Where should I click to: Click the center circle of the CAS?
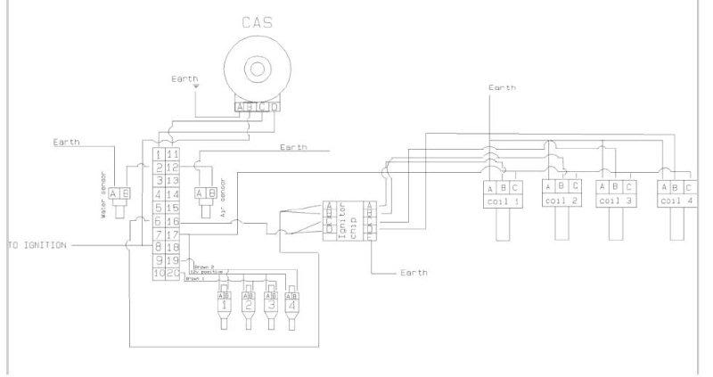[x=258, y=69]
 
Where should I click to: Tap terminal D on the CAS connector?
[x=273, y=108]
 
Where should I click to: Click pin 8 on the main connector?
[x=158, y=247]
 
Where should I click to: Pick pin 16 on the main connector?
[x=173, y=220]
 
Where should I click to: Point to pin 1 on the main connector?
[x=158, y=153]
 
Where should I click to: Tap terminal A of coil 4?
[x=663, y=186]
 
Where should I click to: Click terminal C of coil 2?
[x=574, y=186]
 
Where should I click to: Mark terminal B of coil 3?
[x=617, y=186]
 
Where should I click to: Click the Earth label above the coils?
[x=503, y=88]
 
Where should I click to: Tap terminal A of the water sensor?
[x=114, y=193]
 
